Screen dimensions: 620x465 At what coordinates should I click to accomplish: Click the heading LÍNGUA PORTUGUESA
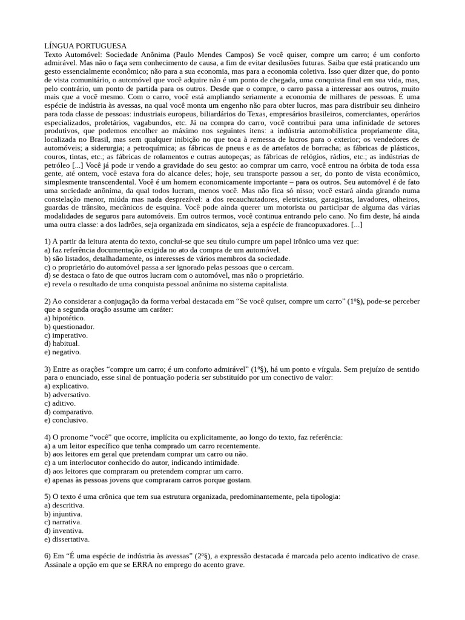85,46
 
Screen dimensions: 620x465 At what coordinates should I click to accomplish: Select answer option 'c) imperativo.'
66,335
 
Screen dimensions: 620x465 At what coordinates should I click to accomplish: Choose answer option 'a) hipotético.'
65,318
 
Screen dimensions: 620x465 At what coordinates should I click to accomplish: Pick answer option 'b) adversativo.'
67,394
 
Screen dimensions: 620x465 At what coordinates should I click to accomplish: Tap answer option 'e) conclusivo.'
66,420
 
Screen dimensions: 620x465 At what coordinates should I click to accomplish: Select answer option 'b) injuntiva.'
63,513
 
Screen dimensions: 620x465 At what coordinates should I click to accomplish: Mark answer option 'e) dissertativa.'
67,539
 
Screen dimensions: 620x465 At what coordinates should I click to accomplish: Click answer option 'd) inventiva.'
64,530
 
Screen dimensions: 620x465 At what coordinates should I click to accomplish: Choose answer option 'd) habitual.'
62,343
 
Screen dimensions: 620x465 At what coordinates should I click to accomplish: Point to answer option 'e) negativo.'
62,352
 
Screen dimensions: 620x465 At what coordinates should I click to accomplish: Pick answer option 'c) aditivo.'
60,403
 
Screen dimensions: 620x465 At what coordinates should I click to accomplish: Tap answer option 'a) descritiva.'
64,505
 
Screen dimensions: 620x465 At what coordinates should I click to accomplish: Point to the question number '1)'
48,241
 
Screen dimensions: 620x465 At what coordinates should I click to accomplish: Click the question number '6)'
48,556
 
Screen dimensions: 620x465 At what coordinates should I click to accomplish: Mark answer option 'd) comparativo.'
68,411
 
